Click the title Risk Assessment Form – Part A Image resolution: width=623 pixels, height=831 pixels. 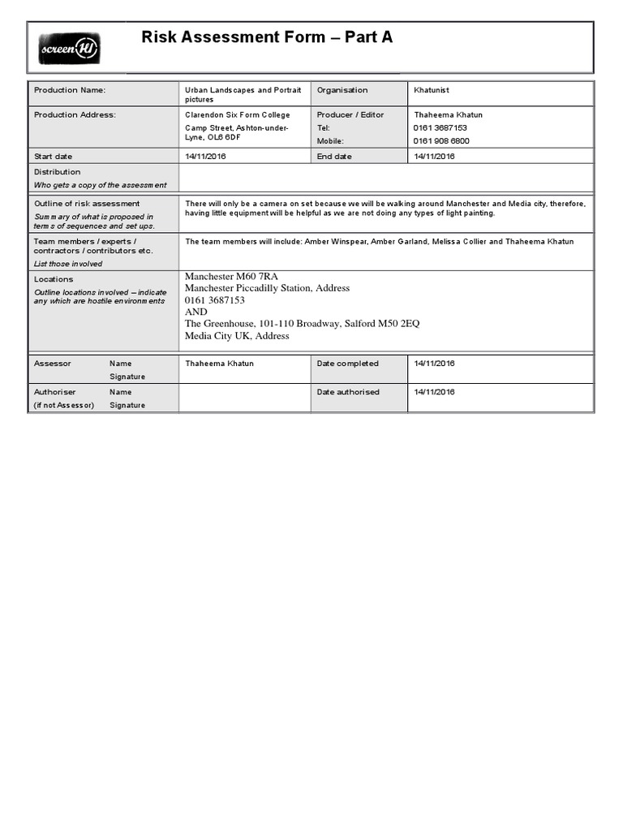[267, 37]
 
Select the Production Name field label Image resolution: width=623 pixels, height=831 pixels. [70, 90]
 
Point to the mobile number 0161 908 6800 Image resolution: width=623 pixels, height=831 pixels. [441, 140]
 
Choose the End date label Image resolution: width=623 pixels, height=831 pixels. [334, 156]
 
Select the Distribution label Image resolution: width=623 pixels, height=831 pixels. [57, 172]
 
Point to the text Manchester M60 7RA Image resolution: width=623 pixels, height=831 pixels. [231, 277]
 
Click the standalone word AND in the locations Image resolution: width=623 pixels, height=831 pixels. [195, 312]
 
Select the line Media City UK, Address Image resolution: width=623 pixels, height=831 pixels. [237, 336]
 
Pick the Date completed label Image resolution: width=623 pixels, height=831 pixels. [347, 364]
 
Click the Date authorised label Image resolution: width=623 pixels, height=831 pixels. [348, 392]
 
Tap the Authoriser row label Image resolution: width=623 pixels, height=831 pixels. [54, 392]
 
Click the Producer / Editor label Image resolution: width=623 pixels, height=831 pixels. [350, 115]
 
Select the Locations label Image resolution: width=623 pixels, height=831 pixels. [54, 279]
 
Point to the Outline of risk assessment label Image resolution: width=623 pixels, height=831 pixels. [87, 204]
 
